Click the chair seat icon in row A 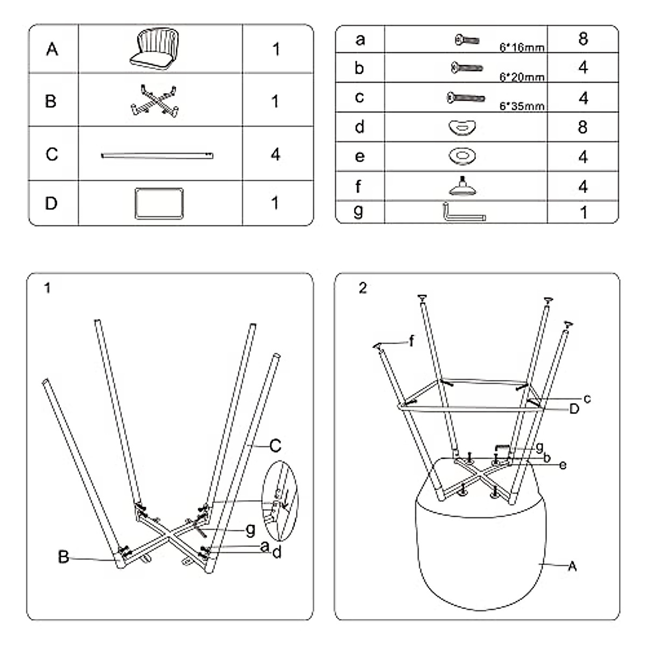point(154,48)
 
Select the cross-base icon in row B point(155,101)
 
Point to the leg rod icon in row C point(157,156)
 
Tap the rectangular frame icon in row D point(159,203)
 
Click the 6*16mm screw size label point(522,47)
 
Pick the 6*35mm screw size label point(522,106)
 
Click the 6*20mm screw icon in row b point(467,68)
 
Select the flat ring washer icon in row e point(462,156)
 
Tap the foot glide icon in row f point(462,186)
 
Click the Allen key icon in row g point(465,212)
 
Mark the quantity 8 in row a point(583,39)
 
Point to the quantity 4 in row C point(275,155)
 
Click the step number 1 point(47,288)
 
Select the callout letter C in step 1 point(275,446)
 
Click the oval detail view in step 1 point(280,501)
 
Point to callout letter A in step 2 point(573,566)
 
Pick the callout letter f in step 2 point(411,341)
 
